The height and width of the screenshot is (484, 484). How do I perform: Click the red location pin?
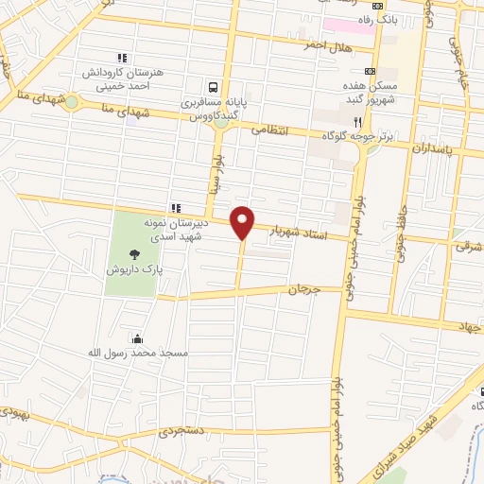tap(243, 221)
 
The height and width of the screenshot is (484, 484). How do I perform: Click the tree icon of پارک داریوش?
tap(134, 252)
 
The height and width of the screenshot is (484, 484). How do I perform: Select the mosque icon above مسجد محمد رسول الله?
tap(139, 338)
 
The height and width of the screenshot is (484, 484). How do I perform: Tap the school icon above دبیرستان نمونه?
tap(175, 208)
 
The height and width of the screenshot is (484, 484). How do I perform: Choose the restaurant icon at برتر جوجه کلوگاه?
tap(357, 121)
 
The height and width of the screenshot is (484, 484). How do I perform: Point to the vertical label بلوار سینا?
tap(216, 174)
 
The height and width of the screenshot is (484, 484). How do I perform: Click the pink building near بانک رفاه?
tap(349, 23)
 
